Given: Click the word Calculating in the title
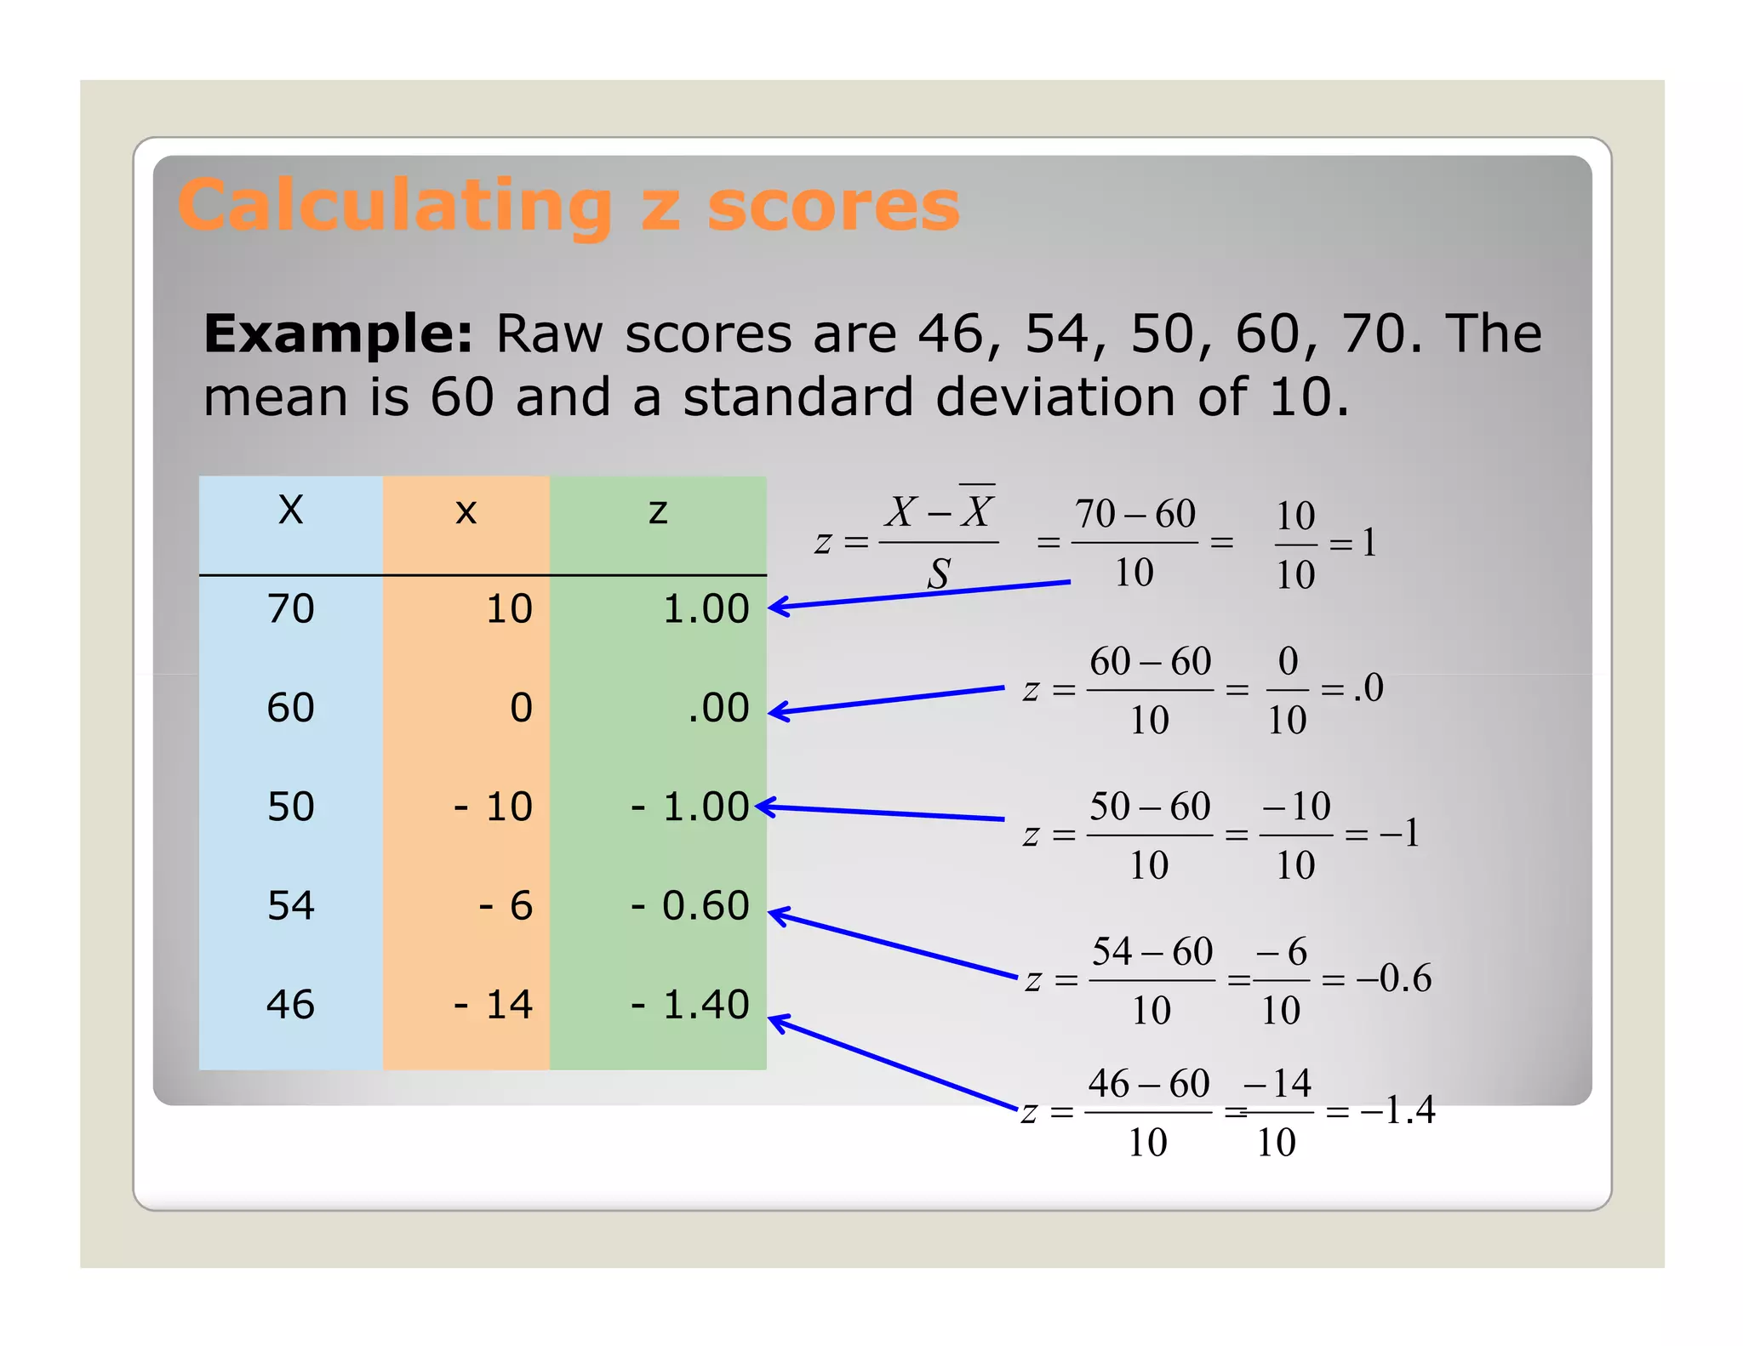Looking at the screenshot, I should pos(395,207).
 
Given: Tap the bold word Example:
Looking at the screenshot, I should pos(338,334).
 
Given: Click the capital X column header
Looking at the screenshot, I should pos(291,510).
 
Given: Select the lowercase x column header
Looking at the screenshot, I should pos(466,511).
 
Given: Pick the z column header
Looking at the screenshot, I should pos(658,511).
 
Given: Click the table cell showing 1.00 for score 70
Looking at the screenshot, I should pos(706,609).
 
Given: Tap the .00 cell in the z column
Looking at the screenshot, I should pos(718,708).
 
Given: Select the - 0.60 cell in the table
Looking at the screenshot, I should pos(689,905).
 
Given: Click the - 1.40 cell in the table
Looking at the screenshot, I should pos(689,1005).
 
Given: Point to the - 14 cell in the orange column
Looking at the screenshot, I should pos(493,1005).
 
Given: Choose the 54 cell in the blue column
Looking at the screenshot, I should pos(291,905).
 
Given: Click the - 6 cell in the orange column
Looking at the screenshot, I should pos(506,905).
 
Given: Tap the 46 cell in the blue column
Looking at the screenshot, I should pos(291,1005).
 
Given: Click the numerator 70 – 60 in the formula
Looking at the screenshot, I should pos(1134,514).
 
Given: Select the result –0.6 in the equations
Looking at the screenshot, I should pos(1394,978).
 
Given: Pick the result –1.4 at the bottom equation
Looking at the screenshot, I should pos(1397,1110).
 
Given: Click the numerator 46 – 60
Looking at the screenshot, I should pos(1149,1084).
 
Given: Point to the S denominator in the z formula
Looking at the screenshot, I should pos(938,574).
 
